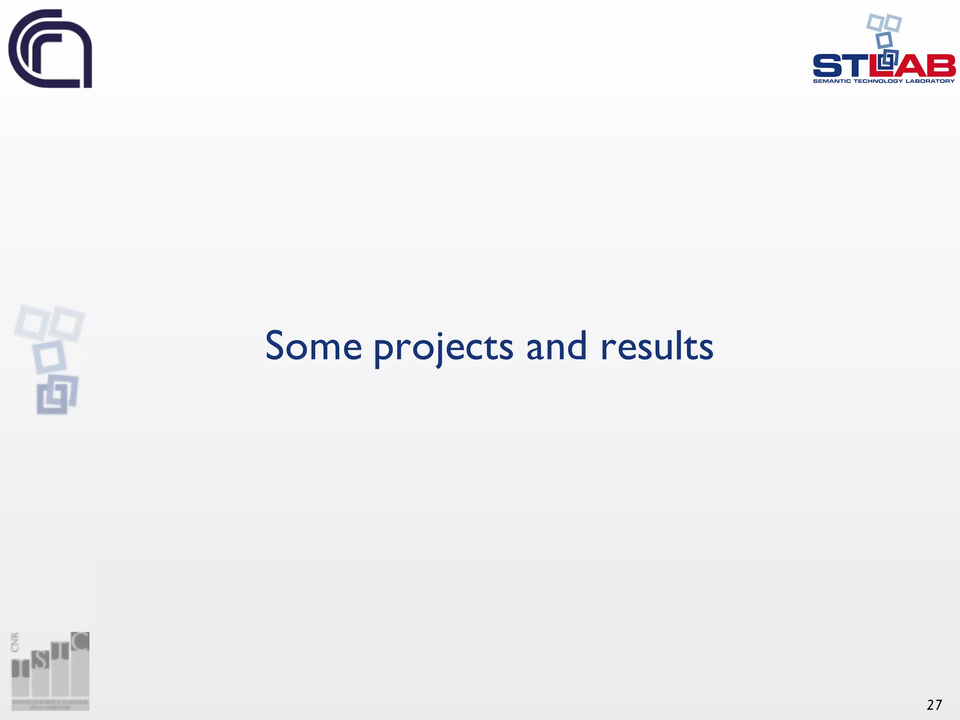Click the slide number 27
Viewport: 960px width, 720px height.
(934, 705)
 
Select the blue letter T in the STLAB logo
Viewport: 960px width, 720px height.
(855, 66)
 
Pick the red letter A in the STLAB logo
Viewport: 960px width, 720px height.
(910, 66)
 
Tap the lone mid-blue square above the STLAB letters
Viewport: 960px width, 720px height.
(884, 40)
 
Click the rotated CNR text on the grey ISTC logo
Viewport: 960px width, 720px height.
(15, 642)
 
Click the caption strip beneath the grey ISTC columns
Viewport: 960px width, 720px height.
(50, 705)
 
